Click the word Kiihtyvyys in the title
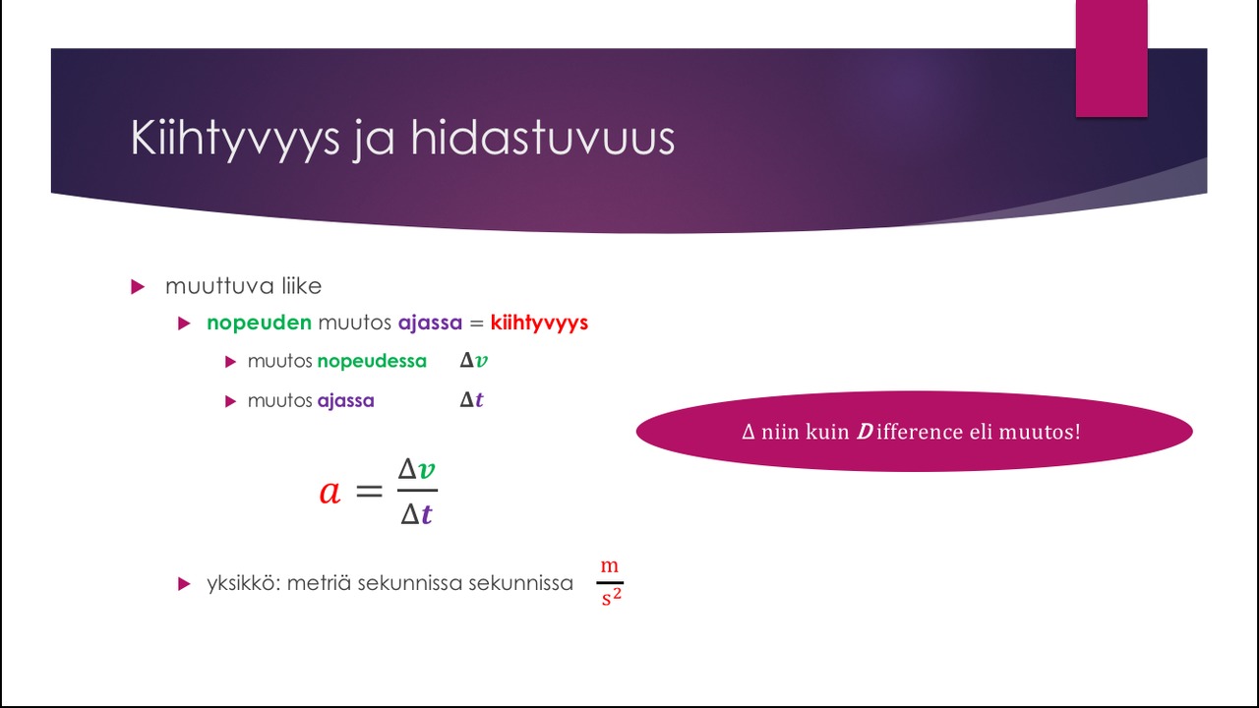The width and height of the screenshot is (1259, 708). coord(235,139)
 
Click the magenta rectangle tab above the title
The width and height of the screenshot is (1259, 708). coord(1111,58)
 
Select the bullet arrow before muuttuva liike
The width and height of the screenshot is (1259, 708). coord(138,286)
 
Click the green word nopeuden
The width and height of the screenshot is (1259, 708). coord(259,324)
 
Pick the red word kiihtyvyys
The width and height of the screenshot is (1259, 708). coord(539,324)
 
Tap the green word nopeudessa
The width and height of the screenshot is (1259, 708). coord(372,361)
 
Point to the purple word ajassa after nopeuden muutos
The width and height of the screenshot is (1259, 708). coord(430,324)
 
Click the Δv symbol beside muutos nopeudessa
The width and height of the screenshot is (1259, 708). coord(473,360)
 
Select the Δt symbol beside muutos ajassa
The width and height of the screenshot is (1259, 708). coord(471,400)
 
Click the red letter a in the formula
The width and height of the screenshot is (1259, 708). coord(330,493)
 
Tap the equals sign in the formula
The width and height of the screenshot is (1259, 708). coord(369,492)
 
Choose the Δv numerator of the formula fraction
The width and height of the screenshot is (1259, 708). coord(416,469)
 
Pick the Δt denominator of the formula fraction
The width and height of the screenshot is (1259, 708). coord(416,514)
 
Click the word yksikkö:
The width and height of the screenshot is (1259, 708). coord(244,583)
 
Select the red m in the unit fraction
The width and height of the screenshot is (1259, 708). coord(609,565)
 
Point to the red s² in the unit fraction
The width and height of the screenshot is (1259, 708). coord(611,597)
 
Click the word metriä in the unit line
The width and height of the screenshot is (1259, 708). coord(319,583)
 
